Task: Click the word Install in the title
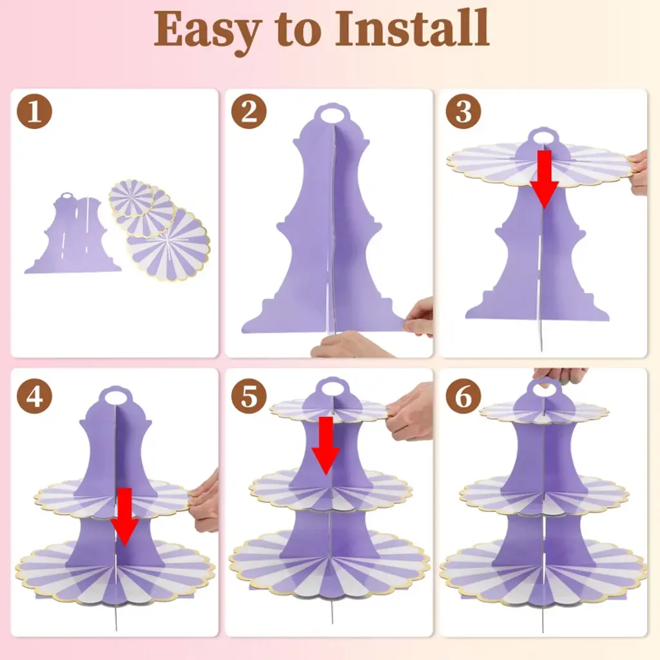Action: click(412, 28)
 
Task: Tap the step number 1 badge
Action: click(35, 111)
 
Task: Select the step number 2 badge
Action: click(249, 111)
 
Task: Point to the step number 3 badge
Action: click(463, 111)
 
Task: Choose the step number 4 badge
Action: click(35, 396)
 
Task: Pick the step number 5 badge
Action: click(249, 396)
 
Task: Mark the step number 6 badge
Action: click(463, 396)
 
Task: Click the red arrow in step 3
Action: click(544, 179)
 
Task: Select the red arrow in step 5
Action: click(325, 446)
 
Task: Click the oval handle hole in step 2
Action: click(332, 115)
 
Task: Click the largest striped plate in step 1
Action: click(168, 244)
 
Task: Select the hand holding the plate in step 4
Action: click(204, 501)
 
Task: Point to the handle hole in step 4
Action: click(115, 397)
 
